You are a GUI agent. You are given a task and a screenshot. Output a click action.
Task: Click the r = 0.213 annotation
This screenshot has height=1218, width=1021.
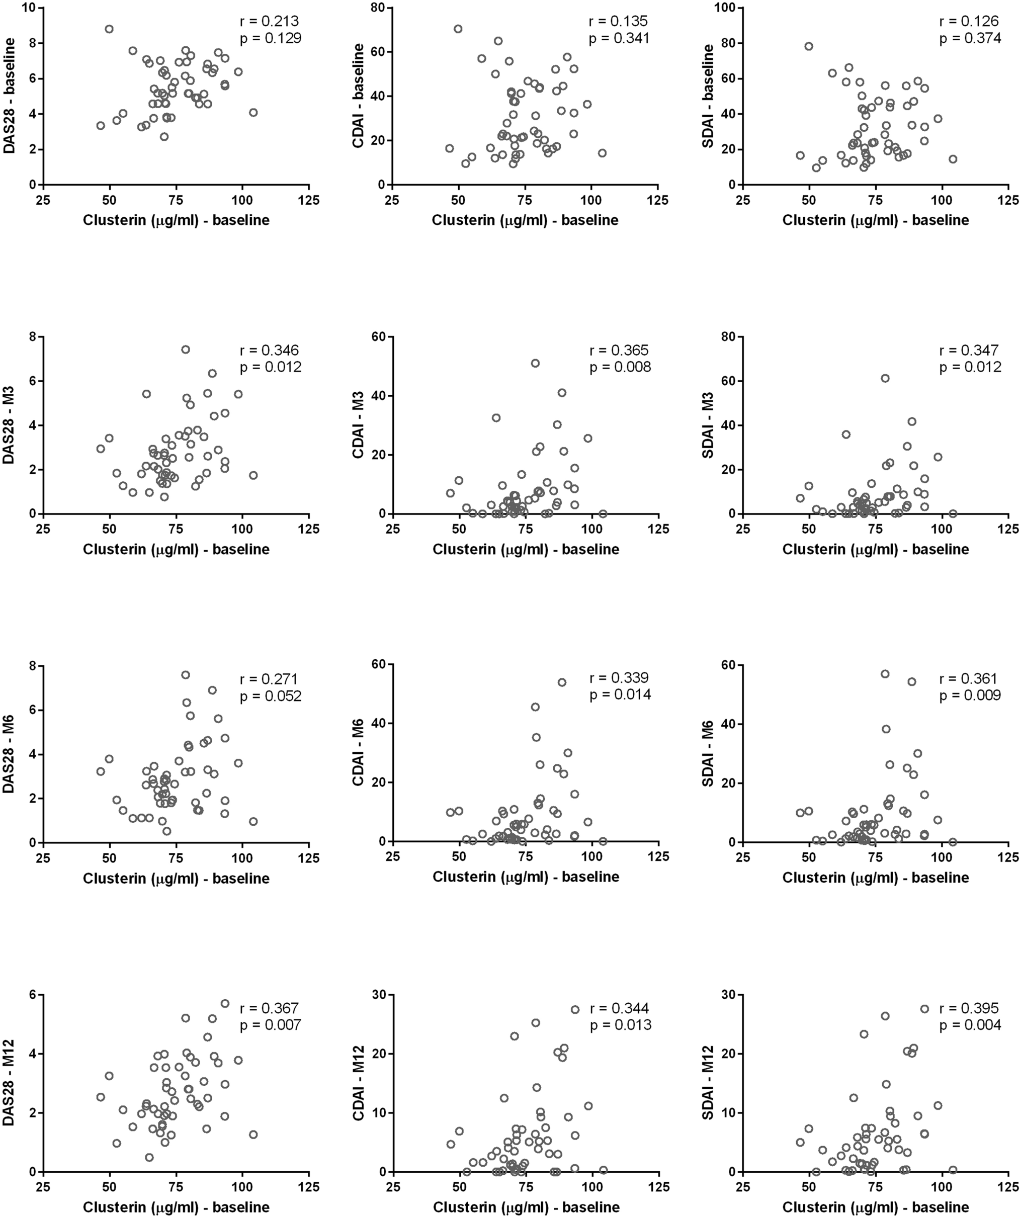(270, 22)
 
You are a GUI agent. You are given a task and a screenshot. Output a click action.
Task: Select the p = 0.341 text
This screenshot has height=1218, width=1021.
(620, 38)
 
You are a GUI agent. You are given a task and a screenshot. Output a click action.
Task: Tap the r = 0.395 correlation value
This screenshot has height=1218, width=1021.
(970, 1009)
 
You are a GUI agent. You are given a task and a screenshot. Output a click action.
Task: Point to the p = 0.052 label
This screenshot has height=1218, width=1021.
(270, 696)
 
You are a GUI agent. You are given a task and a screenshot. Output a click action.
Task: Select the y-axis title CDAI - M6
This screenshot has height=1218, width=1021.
(359, 753)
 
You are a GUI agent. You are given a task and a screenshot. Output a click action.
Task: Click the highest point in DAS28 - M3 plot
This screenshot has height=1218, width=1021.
(186, 349)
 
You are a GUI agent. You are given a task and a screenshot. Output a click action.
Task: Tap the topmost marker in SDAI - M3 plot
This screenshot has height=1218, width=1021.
(885, 378)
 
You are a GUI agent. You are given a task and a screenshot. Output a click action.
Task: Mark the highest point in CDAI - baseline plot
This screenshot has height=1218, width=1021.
(458, 29)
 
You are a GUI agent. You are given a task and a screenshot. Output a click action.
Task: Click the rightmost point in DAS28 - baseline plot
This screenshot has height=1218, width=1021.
(253, 113)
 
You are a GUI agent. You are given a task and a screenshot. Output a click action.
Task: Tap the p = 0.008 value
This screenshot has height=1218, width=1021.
(620, 367)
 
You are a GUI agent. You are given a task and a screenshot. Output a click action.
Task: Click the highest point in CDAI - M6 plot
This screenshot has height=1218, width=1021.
(561, 682)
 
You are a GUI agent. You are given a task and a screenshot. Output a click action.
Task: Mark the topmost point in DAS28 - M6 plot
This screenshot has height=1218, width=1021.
(186, 674)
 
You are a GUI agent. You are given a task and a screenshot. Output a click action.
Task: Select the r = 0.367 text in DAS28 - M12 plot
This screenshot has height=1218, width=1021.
(270, 1009)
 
